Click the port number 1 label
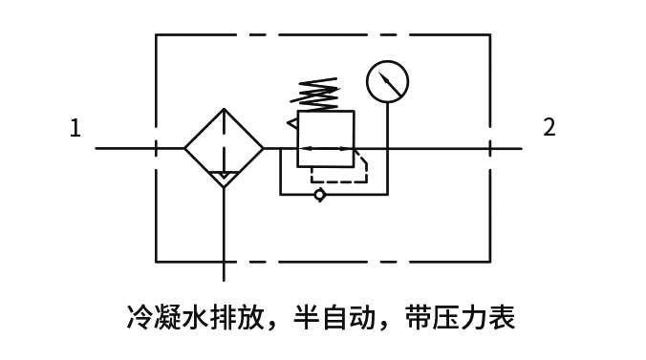pyautogui.click(x=75, y=128)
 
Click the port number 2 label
pyautogui.click(x=549, y=128)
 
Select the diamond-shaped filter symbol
pyautogui.click(x=224, y=148)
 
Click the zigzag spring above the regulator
pyautogui.click(x=315, y=94)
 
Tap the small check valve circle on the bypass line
pyautogui.click(x=319, y=195)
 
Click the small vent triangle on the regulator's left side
pyautogui.click(x=291, y=121)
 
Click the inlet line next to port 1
pyautogui.click(x=124, y=148)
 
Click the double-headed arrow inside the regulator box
pyautogui.click(x=325, y=148)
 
